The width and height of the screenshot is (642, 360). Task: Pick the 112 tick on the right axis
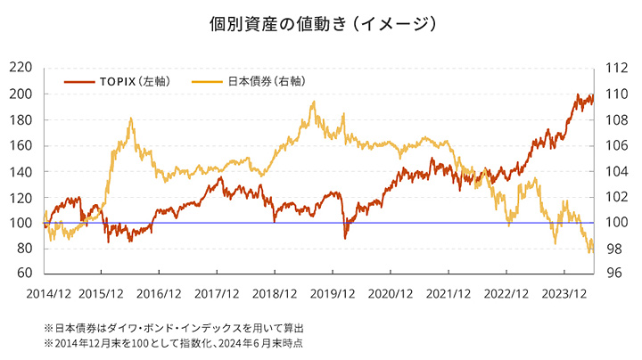[x=616, y=68]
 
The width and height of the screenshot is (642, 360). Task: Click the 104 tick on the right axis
[x=616, y=171]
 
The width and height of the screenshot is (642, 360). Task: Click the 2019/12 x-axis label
[x=333, y=293]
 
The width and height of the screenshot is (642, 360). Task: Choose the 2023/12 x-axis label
[x=564, y=293]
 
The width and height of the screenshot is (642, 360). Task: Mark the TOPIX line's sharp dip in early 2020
[x=346, y=237]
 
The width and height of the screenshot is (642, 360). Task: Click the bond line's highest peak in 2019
[x=313, y=102]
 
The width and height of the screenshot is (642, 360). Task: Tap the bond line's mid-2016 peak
[x=131, y=119]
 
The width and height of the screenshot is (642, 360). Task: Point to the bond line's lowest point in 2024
[x=589, y=253]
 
